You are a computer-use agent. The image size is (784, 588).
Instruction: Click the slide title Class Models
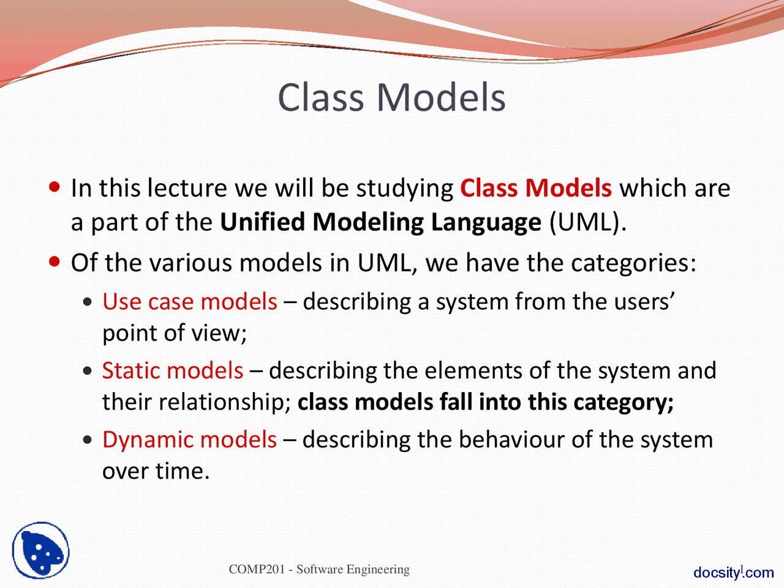point(391,98)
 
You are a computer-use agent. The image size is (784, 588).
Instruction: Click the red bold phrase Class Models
point(535,188)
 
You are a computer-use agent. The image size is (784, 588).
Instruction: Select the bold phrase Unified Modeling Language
point(380,222)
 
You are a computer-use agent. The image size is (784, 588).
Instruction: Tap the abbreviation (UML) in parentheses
point(587,222)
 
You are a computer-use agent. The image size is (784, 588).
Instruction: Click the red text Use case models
point(189,302)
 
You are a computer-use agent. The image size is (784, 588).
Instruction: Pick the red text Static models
point(173,371)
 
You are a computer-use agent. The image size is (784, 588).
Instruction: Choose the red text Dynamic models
point(189,440)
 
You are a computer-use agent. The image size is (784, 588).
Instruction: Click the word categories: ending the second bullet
point(633,263)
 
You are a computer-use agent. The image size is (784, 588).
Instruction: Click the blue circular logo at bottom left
point(40,550)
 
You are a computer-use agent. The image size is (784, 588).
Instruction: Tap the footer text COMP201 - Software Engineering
point(319,570)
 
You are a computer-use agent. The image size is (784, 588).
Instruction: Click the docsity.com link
point(733,573)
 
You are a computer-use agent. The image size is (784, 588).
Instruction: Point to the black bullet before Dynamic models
point(89,440)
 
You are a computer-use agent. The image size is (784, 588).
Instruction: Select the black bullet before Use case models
point(89,302)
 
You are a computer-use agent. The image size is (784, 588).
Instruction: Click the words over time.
point(156,471)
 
